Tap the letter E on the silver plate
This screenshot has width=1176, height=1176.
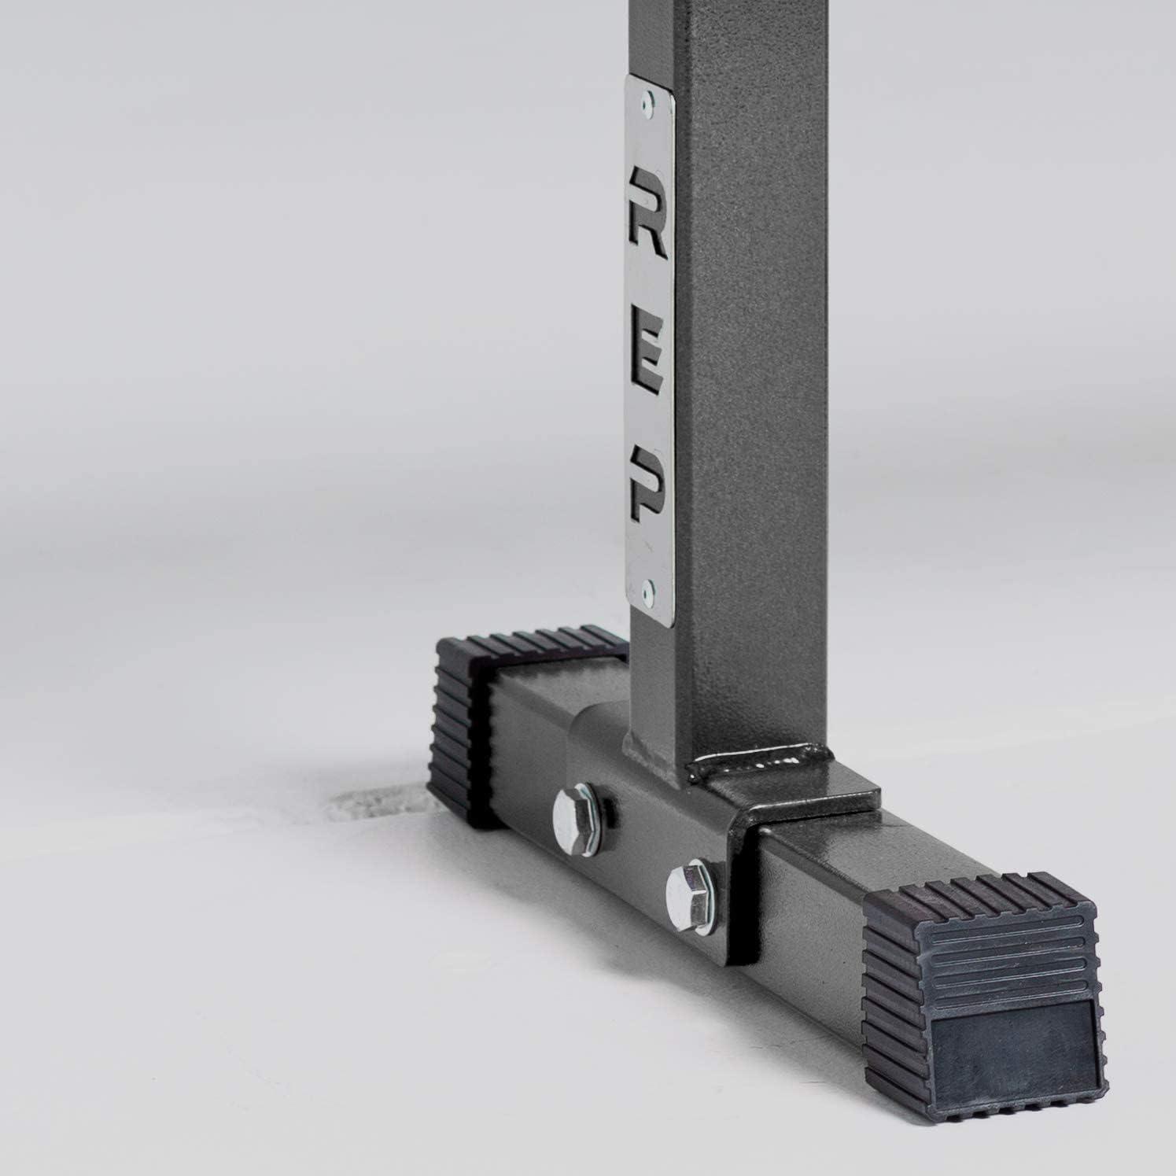click(649, 372)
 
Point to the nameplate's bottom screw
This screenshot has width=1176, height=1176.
click(648, 587)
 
